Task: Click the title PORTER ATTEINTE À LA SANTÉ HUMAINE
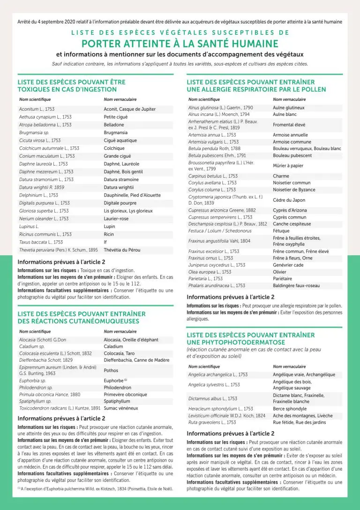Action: coord(180,44)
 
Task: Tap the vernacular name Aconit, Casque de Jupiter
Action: coord(129,109)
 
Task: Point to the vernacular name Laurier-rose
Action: coord(116,219)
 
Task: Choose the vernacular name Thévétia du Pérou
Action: coord(122,250)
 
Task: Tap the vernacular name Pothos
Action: coord(111,370)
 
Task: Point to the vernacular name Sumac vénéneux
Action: coord(120,408)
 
